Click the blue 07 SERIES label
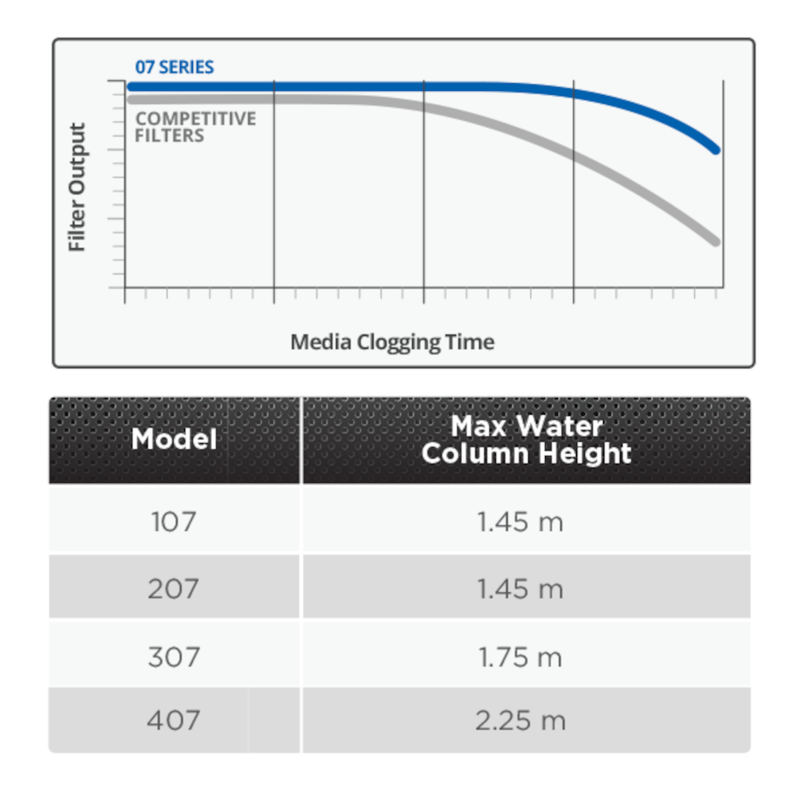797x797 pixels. (x=175, y=67)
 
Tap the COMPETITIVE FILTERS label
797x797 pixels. (x=195, y=127)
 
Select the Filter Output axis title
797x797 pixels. (x=77, y=187)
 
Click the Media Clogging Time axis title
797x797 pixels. (x=392, y=342)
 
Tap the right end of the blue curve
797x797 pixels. (x=717, y=150)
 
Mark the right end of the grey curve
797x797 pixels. (x=716, y=241)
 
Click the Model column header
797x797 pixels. (x=175, y=439)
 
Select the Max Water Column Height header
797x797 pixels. (x=526, y=440)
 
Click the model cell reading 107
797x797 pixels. (x=174, y=522)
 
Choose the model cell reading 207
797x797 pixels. (x=174, y=589)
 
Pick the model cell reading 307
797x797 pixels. (x=174, y=657)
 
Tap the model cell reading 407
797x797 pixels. (x=174, y=720)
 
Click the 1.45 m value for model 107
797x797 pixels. (x=520, y=522)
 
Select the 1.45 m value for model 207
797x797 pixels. (x=520, y=589)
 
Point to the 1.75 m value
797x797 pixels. (x=520, y=657)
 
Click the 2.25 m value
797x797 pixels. (x=520, y=720)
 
